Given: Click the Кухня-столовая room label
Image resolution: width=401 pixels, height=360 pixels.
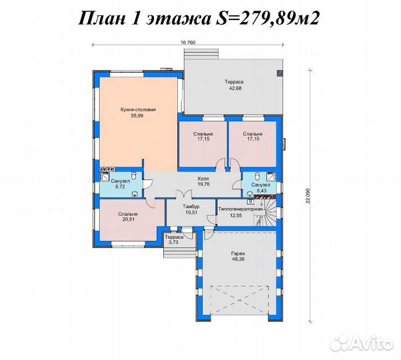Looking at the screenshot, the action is pyautogui.click(x=138, y=110).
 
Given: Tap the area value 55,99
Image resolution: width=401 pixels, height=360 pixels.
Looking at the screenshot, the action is pyautogui.click(x=137, y=115).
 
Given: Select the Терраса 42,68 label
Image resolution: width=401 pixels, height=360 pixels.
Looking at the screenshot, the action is pyautogui.click(x=234, y=85).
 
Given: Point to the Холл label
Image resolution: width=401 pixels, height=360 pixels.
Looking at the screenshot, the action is pyautogui.click(x=203, y=179).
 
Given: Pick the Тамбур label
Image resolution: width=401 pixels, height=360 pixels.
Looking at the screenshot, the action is pyautogui.click(x=191, y=206).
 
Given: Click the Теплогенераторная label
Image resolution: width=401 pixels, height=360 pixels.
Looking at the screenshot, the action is pyautogui.click(x=240, y=209).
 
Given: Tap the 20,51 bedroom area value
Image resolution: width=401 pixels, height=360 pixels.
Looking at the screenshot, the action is pyautogui.click(x=128, y=219).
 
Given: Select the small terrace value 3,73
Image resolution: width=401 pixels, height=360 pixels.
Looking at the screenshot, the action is pyautogui.click(x=174, y=242).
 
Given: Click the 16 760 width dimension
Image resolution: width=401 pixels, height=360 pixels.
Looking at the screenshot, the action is pyautogui.click(x=188, y=43).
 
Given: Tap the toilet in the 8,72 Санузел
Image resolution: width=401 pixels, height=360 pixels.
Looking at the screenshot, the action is pyautogui.click(x=133, y=175).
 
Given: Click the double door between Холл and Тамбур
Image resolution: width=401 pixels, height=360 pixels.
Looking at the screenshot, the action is pyautogui.click(x=184, y=194).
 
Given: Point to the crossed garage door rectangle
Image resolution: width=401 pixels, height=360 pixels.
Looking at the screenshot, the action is pyautogui.click(x=239, y=300).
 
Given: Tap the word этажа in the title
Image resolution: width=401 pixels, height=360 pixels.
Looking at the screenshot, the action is pyautogui.click(x=179, y=19).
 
